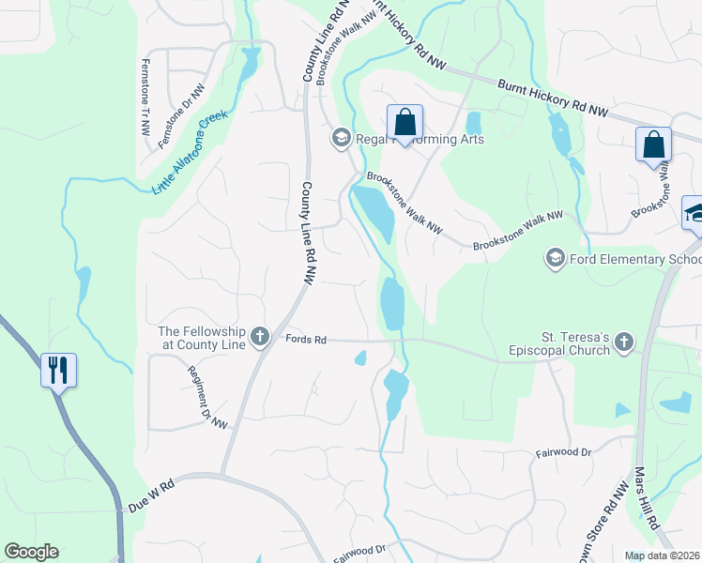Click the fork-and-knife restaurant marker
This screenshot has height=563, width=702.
pos(58,370)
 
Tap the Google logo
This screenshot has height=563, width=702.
pos(31,552)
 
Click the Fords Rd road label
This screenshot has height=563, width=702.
pos(306,339)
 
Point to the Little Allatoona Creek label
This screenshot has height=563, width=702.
pos(191,152)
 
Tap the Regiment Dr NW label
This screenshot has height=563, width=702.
pos(207,397)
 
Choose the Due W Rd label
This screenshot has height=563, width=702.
pos(151,496)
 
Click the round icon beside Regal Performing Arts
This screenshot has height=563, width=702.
pos(341,139)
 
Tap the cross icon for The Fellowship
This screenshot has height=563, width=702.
pos(260,336)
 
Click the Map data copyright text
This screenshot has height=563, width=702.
pos(663,555)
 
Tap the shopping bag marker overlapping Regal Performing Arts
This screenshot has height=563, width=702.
pos(404,122)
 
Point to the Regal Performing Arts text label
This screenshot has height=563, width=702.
pos(420,139)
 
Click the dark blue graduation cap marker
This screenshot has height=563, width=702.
pos(694,213)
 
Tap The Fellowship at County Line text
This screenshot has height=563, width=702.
pos(202,338)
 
